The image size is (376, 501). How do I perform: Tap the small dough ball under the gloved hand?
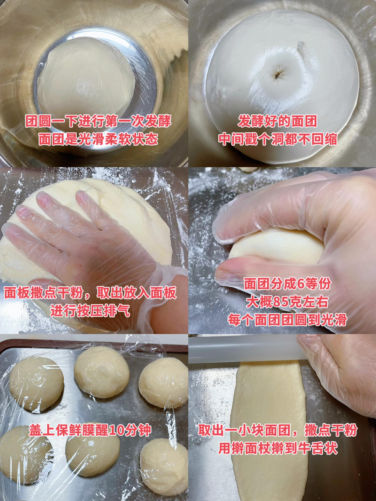[276, 247]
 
